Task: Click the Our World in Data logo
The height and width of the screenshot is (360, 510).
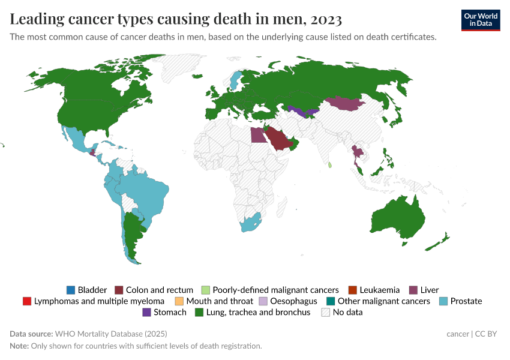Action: (x=481, y=20)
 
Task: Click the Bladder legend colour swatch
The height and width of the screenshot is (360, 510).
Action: (x=71, y=290)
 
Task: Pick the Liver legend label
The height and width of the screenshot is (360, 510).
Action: (x=430, y=290)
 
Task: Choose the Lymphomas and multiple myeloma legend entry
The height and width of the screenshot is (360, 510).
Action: (x=99, y=301)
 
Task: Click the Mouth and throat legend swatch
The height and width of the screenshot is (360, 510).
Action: (x=179, y=301)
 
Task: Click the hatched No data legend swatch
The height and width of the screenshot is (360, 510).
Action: (x=326, y=312)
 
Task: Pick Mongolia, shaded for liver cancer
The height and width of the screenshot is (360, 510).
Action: (x=346, y=104)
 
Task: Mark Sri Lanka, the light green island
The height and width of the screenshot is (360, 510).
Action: (x=330, y=163)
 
